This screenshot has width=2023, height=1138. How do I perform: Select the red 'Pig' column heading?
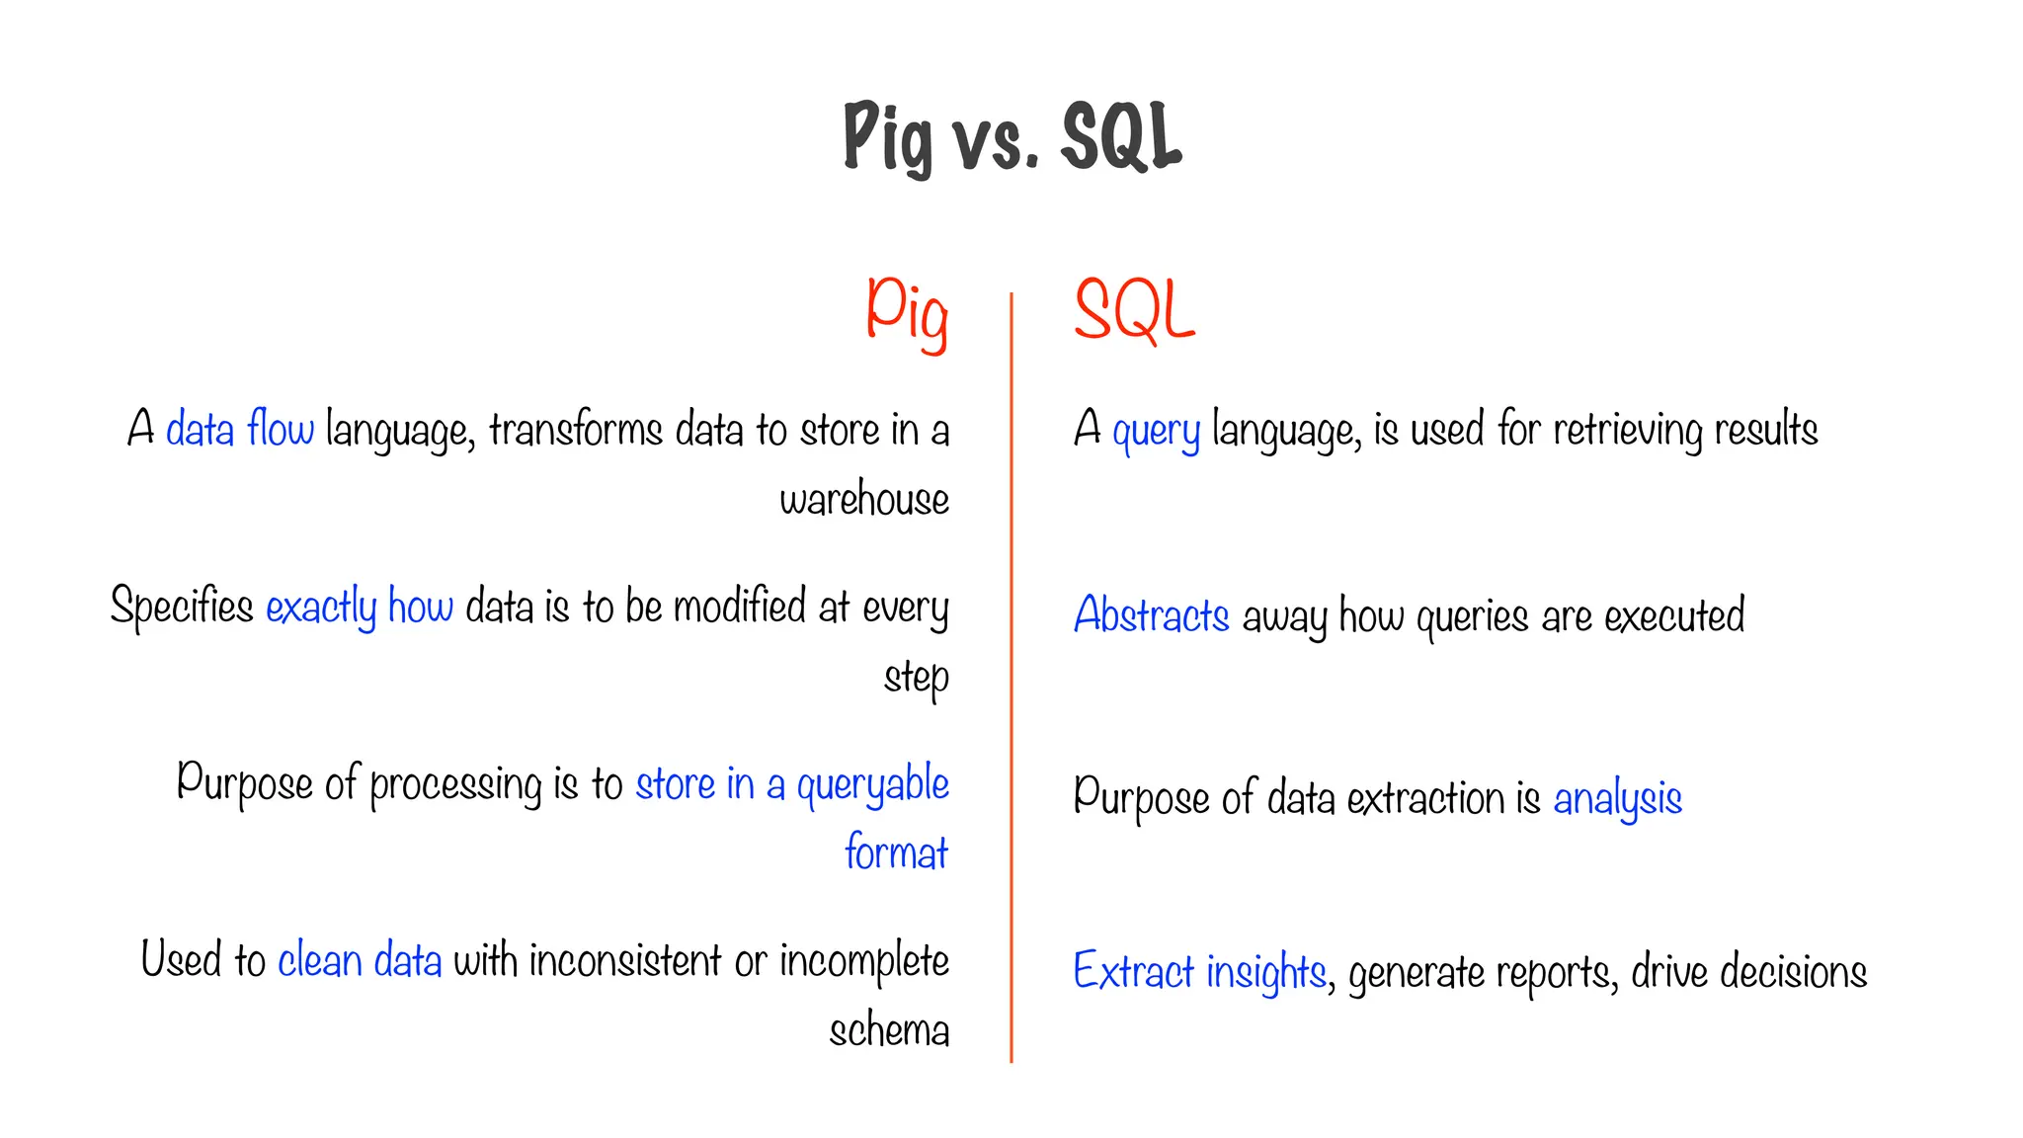tap(907, 311)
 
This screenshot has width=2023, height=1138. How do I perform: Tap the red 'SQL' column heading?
tap(1134, 311)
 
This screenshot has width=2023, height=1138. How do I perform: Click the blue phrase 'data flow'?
tap(239, 430)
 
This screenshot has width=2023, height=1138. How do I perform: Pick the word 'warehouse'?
tap(864, 499)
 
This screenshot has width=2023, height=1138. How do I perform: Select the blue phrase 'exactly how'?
tap(360, 607)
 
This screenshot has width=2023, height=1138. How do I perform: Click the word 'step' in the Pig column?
tap(917, 678)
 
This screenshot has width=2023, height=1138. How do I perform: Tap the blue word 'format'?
tap(896, 853)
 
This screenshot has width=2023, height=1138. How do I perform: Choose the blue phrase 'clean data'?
tap(360, 960)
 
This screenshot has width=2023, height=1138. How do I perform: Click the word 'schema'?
tap(889, 1030)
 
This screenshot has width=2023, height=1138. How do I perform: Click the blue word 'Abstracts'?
tap(1152, 614)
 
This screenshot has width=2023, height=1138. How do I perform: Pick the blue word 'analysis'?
tap(1617, 799)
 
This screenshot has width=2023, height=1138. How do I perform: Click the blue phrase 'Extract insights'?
tap(1199, 972)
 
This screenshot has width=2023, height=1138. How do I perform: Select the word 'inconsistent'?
tap(625, 960)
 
